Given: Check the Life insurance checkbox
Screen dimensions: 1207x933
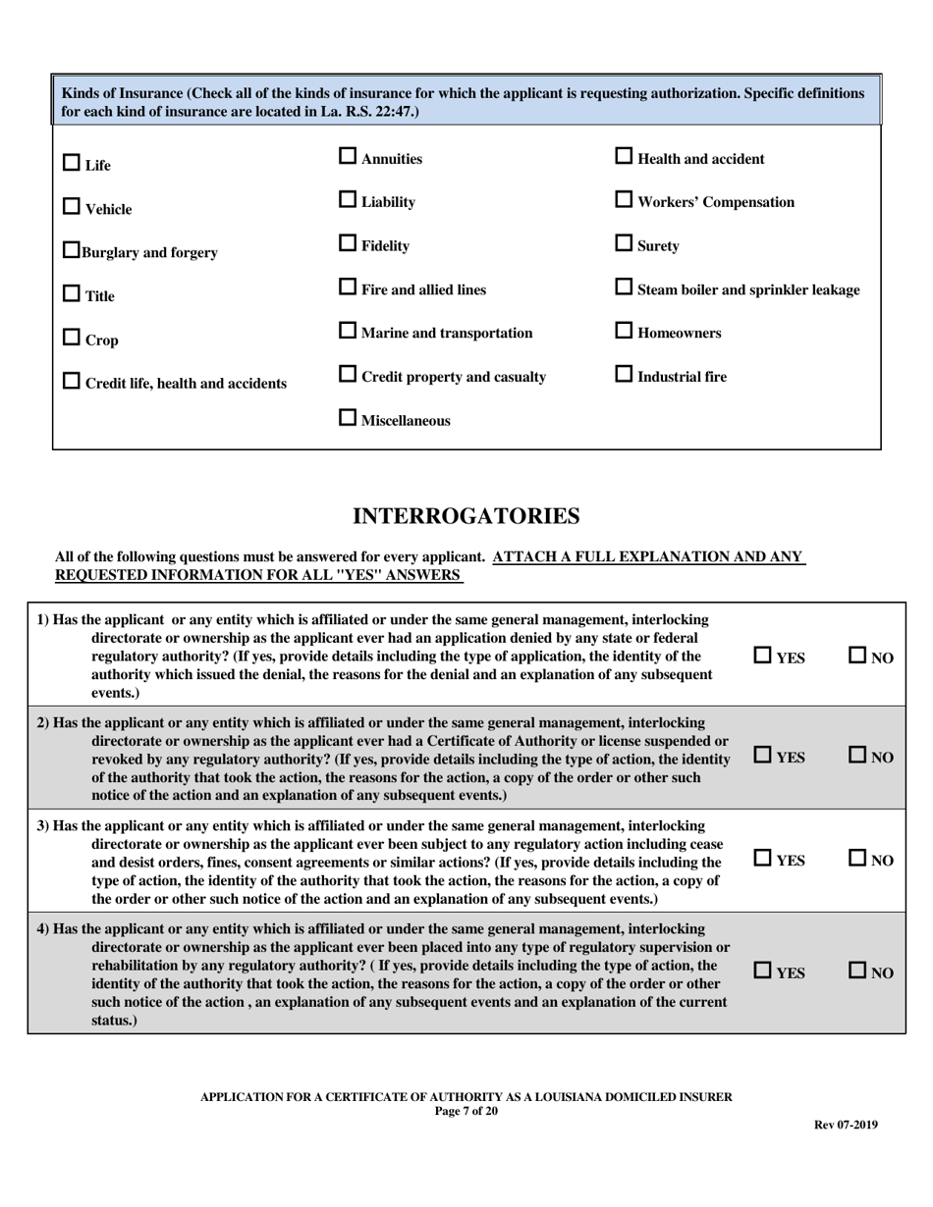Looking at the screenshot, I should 72,163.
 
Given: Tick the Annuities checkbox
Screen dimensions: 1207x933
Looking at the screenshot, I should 348,156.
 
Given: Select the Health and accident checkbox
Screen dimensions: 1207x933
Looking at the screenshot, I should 624,156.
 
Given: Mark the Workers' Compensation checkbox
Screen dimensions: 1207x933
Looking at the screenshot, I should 624,199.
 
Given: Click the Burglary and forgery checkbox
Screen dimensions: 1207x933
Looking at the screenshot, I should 72,250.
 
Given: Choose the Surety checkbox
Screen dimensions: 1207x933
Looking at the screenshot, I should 624,243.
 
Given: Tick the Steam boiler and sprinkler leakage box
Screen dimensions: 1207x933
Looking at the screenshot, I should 624,288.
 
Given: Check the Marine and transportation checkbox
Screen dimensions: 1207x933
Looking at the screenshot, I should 348,331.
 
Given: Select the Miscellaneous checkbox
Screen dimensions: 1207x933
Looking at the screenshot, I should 348,418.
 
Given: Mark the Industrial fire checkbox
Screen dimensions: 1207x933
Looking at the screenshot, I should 624,374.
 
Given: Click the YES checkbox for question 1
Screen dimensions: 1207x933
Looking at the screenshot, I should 763,655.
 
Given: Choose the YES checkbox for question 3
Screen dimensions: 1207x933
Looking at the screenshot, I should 763,858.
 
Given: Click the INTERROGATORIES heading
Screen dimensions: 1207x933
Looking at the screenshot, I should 466,516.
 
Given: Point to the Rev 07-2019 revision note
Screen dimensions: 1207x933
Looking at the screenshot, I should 846,1125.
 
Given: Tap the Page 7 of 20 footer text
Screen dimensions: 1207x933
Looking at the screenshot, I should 466,1111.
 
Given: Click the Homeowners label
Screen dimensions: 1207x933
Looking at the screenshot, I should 679,334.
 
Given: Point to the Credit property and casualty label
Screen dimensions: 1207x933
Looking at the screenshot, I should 454,377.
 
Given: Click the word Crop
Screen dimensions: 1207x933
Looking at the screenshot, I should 102,341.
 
